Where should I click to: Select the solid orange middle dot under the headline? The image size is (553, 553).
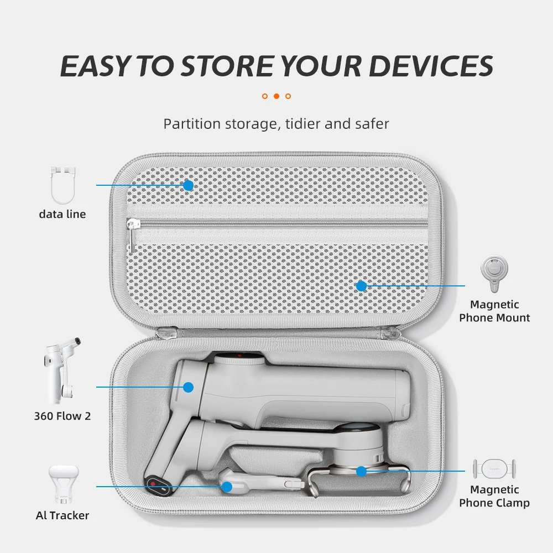(x=276, y=96)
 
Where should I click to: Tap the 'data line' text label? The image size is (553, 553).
(x=62, y=215)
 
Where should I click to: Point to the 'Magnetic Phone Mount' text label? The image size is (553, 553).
(x=494, y=311)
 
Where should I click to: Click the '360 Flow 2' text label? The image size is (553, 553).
(x=62, y=416)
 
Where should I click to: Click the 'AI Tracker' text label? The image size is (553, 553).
(x=62, y=515)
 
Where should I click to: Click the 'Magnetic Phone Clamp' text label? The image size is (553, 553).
(x=494, y=496)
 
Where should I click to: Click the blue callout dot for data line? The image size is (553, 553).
(x=189, y=185)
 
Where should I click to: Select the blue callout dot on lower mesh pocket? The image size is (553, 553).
(x=361, y=286)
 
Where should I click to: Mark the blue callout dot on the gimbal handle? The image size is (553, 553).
(x=189, y=387)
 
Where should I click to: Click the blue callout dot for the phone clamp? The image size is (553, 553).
(x=361, y=471)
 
